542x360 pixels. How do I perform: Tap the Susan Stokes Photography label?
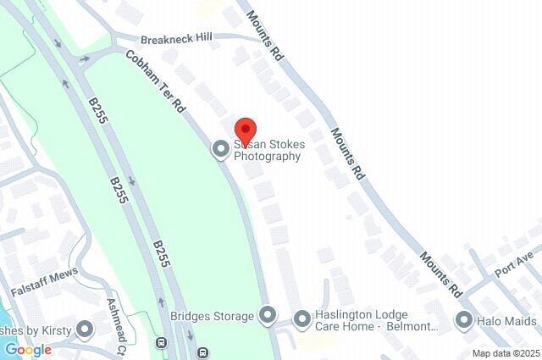[268, 151]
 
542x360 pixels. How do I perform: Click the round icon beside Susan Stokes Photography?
[221, 149]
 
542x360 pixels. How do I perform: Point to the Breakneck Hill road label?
[175, 38]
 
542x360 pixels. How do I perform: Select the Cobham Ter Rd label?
[155, 81]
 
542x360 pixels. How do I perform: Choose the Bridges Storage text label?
[212, 317]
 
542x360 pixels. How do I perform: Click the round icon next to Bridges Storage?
[268, 317]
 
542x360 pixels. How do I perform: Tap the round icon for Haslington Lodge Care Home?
[302, 319]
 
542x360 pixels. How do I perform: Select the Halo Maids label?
[508, 320]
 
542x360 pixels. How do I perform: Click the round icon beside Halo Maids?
[463, 320]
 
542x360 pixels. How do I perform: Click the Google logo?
[28, 350]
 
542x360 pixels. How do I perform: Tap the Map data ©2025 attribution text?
[506, 353]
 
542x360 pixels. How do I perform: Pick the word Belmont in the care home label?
[416, 326]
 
